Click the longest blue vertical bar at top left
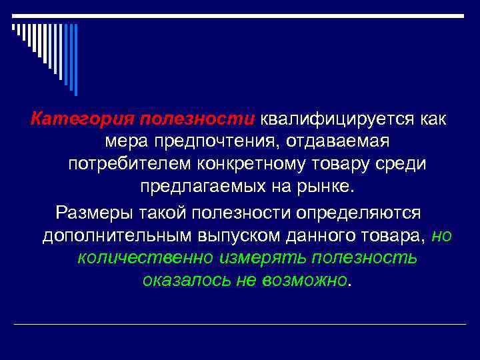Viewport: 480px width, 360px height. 75,60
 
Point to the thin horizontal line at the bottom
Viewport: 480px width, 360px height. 240,325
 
